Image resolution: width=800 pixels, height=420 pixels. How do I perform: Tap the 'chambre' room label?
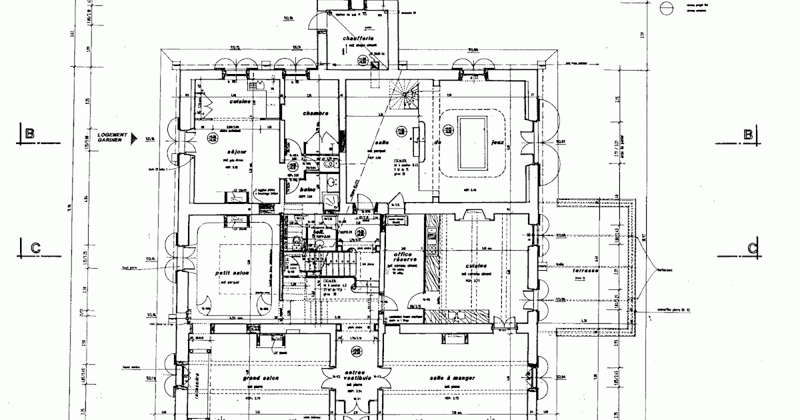(x=315, y=113)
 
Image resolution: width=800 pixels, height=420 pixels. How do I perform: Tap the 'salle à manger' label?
(x=453, y=378)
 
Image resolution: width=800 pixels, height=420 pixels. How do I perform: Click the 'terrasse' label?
(x=589, y=273)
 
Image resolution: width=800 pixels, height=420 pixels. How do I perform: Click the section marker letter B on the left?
(x=29, y=134)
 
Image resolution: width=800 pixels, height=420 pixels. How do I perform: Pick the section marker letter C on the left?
(x=35, y=248)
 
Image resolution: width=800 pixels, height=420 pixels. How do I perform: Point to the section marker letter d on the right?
(x=752, y=249)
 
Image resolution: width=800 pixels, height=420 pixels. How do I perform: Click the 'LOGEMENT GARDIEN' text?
(x=111, y=136)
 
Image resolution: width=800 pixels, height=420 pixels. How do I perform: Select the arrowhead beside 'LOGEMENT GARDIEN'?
(x=134, y=137)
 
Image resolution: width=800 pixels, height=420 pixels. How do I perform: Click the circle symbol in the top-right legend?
(x=665, y=7)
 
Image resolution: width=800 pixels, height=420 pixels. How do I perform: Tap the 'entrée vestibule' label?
(x=353, y=375)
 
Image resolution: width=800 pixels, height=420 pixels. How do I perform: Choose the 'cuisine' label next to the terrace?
(x=471, y=265)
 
